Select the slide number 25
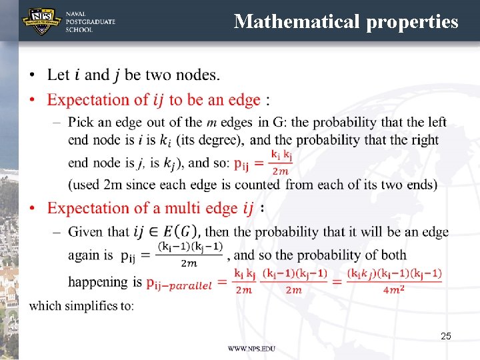445,336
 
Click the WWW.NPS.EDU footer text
251,349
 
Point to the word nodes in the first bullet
197,75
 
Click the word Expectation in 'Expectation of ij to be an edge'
89,100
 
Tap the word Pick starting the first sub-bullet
81,123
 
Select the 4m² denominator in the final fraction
393,290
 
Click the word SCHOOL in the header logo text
79,30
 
